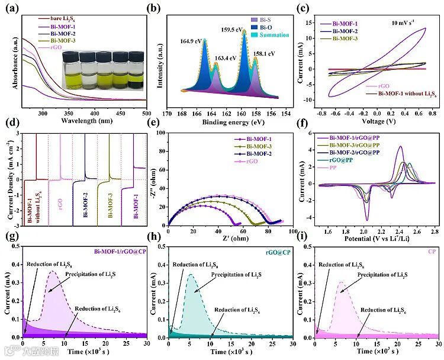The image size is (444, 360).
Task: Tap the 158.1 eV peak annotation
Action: pyautogui.click(x=264, y=54)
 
